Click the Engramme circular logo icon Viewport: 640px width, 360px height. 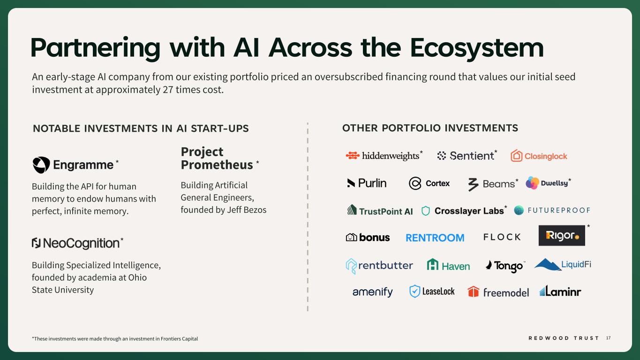click(x=41, y=165)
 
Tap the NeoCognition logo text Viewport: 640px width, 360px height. click(x=82, y=243)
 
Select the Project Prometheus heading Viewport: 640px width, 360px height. click(x=217, y=158)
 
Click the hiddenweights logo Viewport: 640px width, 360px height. click(x=383, y=156)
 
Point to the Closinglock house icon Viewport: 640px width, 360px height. click(x=516, y=156)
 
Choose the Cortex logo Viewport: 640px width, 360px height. click(x=429, y=183)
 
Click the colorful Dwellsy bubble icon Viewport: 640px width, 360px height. click(x=532, y=183)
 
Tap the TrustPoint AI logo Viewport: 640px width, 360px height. click(x=380, y=210)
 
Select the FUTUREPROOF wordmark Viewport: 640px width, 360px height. click(x=559, y=210)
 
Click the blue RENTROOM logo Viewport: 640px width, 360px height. click(x=435, y=238)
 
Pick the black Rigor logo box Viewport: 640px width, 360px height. click(x=562, y=235)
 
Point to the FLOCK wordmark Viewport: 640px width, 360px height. click(x=502, y=237)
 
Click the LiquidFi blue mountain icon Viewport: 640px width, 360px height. click(x=548, y=264)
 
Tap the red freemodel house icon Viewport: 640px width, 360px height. click(x=473, y=292)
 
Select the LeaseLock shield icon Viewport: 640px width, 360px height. click(x=414, y=292)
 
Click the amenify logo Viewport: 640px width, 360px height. click(x=373, y=292)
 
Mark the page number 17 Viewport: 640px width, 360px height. click(x=608, y=338)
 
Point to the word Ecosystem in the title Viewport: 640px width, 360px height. click(x=477, y=48)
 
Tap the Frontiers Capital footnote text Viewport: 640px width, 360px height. click(x=179, y=338)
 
